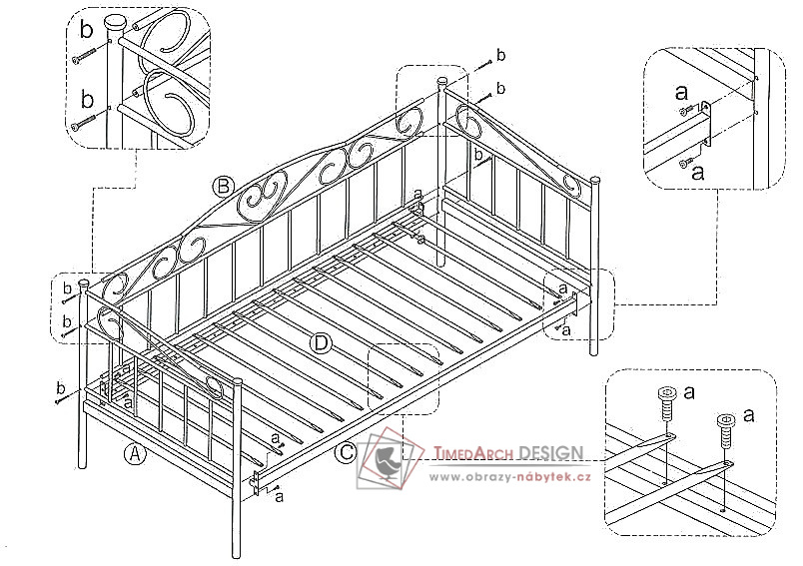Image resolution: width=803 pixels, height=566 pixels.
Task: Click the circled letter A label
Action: tap(135, 454)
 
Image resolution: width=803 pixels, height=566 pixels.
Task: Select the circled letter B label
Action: tap(224, 187)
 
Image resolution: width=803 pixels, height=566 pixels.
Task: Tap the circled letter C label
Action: tap(347, 452)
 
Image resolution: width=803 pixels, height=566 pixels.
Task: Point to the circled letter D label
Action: tap(321, 342)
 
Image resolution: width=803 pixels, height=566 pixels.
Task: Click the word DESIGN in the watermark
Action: tap(550, 453)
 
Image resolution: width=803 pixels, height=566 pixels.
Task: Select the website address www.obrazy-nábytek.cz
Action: tap(510, 477)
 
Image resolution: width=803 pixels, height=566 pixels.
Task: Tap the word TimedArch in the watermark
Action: tap(473, 453)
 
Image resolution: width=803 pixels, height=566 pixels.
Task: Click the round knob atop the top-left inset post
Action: tap(115, 23)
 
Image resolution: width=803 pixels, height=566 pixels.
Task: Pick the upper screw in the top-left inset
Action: tap(85, 55)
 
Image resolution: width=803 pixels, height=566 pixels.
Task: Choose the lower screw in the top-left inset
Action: tap(85, 122)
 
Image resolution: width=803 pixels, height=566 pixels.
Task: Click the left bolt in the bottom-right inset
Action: tap(666, 403)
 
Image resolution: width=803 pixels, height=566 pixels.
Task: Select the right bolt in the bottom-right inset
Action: tap(726, 431)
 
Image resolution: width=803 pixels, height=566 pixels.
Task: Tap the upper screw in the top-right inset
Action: tap(687, 110)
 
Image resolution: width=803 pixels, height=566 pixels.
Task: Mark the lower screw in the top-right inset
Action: tap(684, 163)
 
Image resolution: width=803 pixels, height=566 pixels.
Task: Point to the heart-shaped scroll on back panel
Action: tap(263, 197)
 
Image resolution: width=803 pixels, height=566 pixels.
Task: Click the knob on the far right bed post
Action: tap(594, 180)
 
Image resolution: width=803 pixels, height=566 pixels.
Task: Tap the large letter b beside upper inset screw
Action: tap(87, 30)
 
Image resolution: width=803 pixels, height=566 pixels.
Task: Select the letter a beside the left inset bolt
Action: tap(690, 393)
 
